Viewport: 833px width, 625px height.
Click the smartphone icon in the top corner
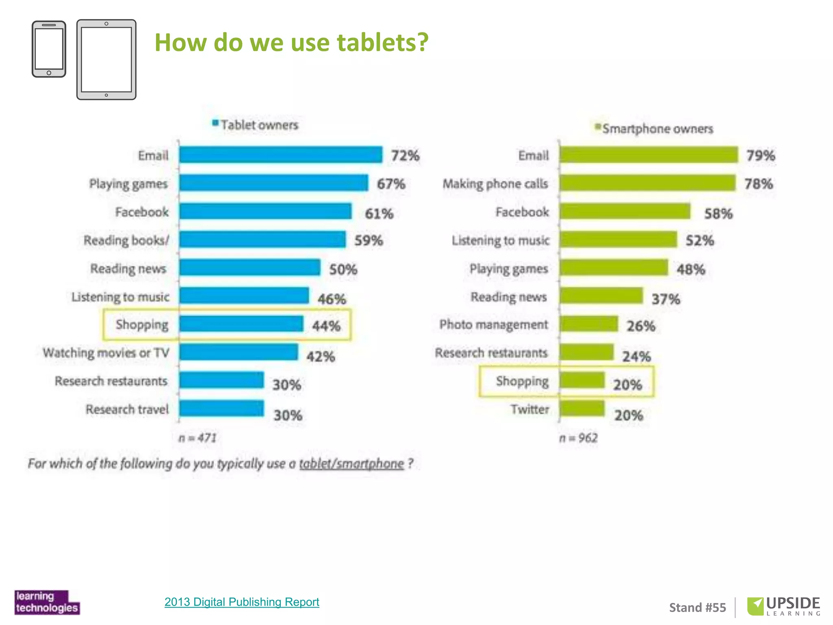click(x=49, y=49)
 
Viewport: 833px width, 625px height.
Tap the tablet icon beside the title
click(x=106, y=59)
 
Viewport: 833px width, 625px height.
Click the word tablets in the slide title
click(x=383, y=42)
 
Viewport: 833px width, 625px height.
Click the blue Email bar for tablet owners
click(x=281, y=155)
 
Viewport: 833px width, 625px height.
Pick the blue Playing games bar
click(x=273, y=183)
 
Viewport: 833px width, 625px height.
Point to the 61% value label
click(x=379, y=214)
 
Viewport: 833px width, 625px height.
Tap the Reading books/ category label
click(x=126, y=240)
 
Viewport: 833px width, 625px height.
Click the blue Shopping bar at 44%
click(x=241, y=324)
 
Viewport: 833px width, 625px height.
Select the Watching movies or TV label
click(x=106, y=353)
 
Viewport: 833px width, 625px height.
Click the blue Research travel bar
click(x=222, y=409)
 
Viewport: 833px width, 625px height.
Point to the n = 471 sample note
click(x=198, y=438)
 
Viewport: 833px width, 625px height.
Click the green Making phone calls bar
click(x=648, y=183)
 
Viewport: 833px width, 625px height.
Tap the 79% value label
click(x=760, y=155)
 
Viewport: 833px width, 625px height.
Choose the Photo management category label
click(x=493, y=325)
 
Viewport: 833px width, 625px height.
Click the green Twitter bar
click(x=582, y=409)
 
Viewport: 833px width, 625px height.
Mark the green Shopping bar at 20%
click(x=582, y=380)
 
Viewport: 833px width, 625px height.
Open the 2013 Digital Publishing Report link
click(x=242, y=602)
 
